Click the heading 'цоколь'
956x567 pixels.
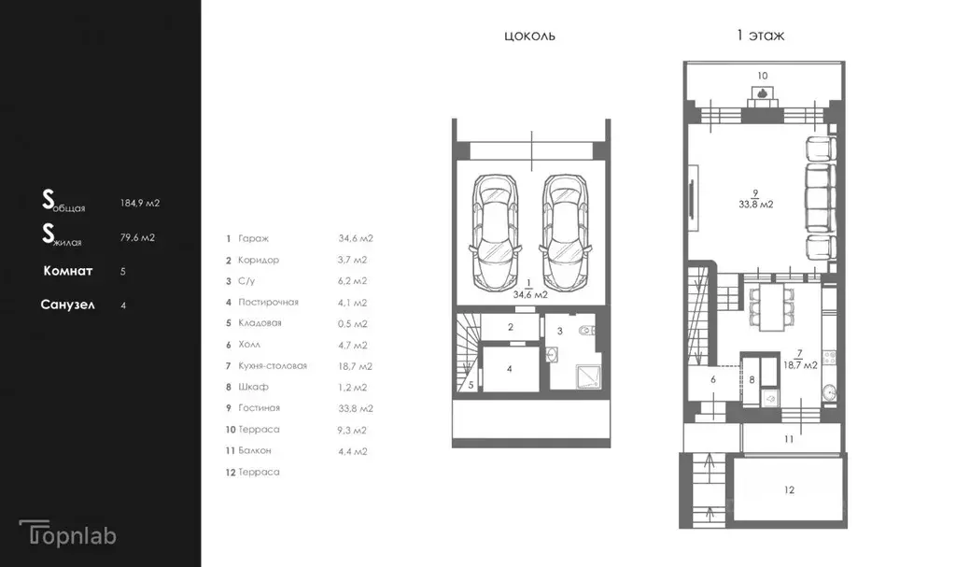point(530,35)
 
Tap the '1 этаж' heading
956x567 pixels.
point(760,35)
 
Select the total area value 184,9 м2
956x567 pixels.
point(140,203)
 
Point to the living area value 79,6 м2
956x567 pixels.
point(137,237)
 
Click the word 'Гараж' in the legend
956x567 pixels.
point(254,238)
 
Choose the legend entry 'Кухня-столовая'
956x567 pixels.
point(273,365)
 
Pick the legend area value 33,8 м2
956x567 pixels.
point(356,408)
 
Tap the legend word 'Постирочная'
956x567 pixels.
point(268,302)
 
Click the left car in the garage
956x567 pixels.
point(496,234)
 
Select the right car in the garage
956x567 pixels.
point(565,234)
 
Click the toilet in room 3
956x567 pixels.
point(586,332)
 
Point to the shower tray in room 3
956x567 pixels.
point(588,376)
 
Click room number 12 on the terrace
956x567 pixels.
point(790,489)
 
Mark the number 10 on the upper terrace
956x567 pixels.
point(763,76)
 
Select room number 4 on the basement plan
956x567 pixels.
point(510,369)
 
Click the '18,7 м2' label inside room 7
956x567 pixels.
point(800,365)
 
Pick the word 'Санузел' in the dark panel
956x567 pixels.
point(67,305)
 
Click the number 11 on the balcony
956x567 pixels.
point(789,439)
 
